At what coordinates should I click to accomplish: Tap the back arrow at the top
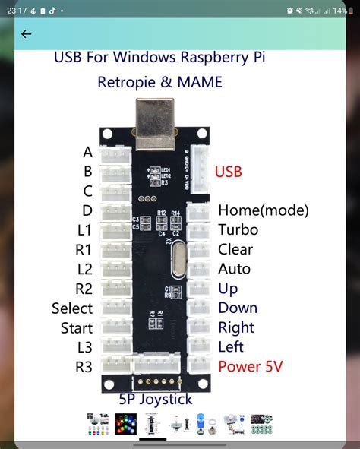click(x=27, y=34)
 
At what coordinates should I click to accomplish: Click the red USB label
click(x=229, y=172)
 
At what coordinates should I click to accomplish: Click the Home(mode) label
click(x=263, y=210)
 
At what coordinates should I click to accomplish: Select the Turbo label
click(x=238, y=229)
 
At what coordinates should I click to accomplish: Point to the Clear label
click(x=235, y=249)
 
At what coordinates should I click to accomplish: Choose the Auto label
click(x=234, y=269)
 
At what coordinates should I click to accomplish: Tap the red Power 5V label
click(x=250, y=367)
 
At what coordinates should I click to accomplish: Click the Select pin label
click(x=72, y=308)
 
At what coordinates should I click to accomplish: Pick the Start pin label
click(x=77, y=328)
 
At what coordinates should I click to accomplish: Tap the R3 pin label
click(x=84, y=367)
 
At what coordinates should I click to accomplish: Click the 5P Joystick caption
click(x=155, y=399)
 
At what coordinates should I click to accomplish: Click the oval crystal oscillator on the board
click(x=178, y=258)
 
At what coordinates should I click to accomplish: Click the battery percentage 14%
click(x=340, y=11)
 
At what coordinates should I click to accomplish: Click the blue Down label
click(x=238, y=308)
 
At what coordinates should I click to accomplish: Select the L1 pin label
click(x=84, y=230)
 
